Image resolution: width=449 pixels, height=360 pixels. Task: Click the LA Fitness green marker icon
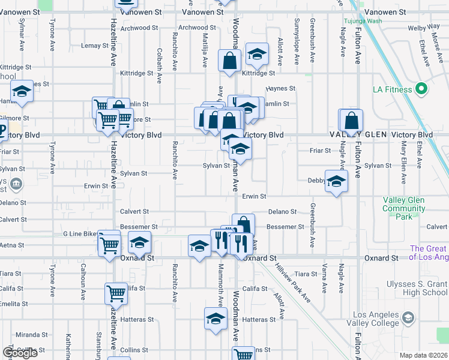click(421, 89)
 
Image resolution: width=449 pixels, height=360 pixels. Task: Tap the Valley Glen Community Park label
click(403, 208)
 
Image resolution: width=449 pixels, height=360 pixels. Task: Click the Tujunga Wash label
click(363, 21)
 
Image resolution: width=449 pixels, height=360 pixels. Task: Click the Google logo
click(20, 353)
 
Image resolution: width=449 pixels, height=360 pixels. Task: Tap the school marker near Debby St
click(336, 181)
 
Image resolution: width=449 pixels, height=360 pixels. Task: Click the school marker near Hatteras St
click(215, 319)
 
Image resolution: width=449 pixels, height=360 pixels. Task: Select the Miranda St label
click(31, 335)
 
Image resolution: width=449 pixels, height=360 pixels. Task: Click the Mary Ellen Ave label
click(404, 155)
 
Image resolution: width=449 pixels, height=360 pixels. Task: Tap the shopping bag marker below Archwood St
click(229, 61)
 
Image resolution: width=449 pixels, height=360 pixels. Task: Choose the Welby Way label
click(424, 28)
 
